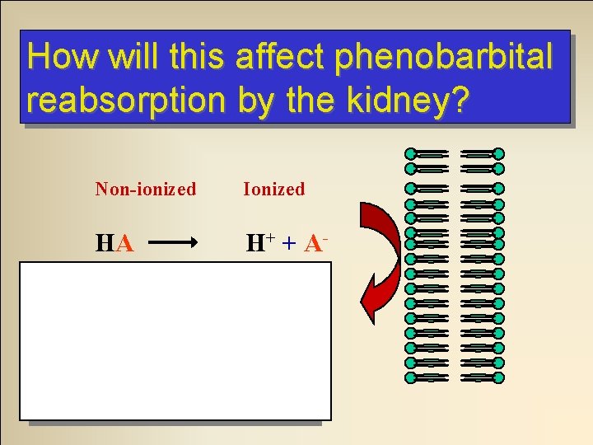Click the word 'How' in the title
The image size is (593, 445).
54,57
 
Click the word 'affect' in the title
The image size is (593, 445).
278,57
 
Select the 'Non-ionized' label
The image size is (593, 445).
146,190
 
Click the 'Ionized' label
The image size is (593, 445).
273,190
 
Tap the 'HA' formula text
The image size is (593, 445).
114,243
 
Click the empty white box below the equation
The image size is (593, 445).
175,340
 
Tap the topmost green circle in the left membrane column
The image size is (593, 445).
411,154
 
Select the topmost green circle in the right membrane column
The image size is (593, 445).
498,154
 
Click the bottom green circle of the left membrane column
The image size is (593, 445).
411,378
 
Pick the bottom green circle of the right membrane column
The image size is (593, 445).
498,378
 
